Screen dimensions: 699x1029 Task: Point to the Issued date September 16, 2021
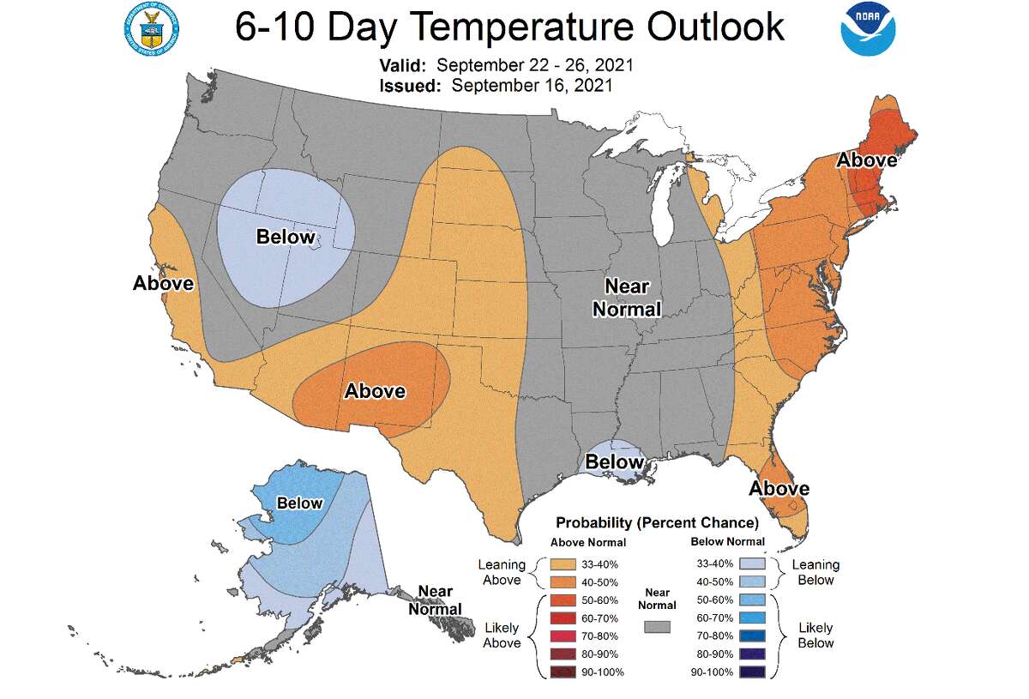[x=531, y=85]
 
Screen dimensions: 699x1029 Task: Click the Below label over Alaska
[x=299, y=503]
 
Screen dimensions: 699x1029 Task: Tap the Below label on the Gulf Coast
[x=613, y=463]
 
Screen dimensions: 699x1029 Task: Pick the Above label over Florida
[x=779, y=489]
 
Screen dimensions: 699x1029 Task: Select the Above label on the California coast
[x=163, y=283]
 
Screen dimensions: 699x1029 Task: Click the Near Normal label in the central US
[x=627, y=298]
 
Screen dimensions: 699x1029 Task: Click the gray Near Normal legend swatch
[x=659, y=628]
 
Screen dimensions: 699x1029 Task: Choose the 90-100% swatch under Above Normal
[x=563, y=672]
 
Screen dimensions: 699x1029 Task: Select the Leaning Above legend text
[x=502, y=572]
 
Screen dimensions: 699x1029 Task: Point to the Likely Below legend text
[x=815, y=636]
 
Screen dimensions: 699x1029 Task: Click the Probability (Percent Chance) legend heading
[x=657, y=522]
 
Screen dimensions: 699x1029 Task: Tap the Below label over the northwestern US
[x=286, y=237]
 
